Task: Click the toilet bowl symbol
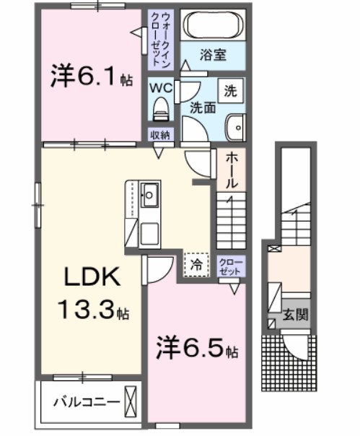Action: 160,110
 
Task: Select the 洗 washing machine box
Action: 230,91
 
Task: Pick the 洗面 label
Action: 203,108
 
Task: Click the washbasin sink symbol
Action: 236,128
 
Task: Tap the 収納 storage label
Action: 160,134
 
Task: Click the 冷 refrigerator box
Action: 196,264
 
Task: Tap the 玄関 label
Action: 294,315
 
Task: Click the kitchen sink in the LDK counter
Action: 151,194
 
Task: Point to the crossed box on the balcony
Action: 131,399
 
